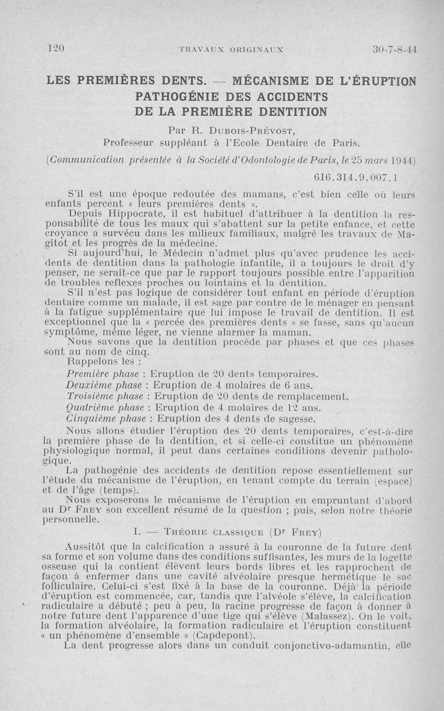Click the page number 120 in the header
[56, 48]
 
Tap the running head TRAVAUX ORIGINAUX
[231, 49]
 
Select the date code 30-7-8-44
[395, 49]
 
